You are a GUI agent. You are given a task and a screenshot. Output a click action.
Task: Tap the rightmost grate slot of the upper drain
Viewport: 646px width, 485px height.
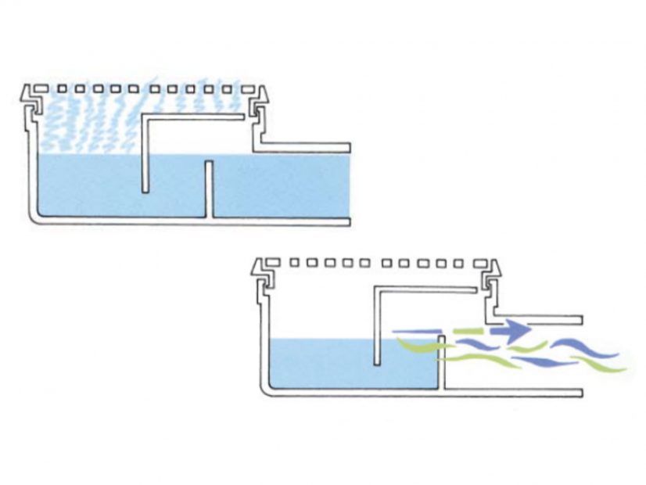coord(243,89)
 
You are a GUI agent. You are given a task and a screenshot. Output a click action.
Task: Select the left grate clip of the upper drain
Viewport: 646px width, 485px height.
coord(30,99)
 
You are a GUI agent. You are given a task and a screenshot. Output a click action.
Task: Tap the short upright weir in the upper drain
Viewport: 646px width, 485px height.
coord(209,189)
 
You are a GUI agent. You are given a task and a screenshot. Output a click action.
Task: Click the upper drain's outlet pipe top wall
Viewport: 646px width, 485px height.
coord(305,147)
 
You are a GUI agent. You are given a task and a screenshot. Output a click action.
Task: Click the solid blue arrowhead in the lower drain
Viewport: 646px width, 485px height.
coord(516,329)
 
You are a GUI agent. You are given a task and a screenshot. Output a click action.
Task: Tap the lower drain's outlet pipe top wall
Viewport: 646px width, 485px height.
coord(540,320)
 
